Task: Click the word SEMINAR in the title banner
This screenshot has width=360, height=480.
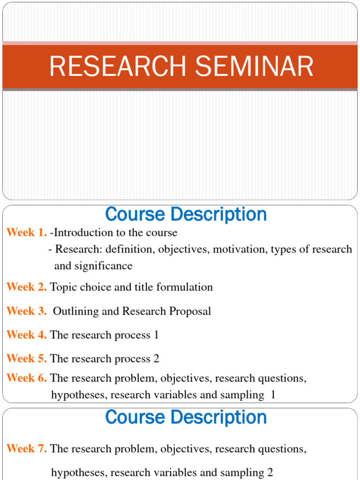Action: pos(255,66)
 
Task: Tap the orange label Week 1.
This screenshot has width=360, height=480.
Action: pos(27,232)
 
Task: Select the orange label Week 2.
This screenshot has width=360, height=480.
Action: pos(27,287)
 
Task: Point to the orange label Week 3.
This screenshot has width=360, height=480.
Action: pos(27,311)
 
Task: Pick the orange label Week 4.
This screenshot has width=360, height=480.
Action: pos(27,335)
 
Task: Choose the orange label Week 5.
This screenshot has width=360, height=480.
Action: pos(27,359)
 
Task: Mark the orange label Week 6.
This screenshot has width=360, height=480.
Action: pos(27,378)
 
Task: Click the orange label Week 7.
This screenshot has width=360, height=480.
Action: pos(27,449)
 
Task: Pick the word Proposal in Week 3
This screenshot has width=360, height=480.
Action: pos(190,311)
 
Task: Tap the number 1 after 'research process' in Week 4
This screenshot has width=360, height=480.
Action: pos(156,335)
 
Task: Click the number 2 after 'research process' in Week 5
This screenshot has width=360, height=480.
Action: pos(157,359)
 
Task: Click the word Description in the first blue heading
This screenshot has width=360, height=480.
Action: pos(219,215)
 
